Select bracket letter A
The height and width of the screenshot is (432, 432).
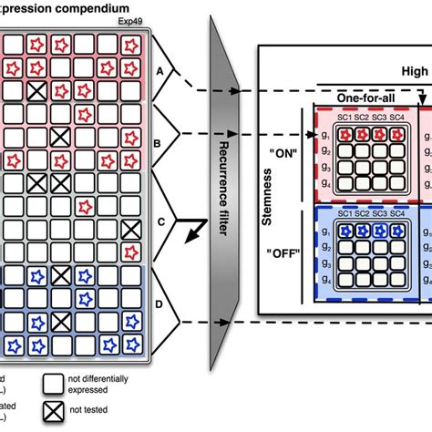point(161,69)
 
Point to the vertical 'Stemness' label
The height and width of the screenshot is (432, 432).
point(267,197)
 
